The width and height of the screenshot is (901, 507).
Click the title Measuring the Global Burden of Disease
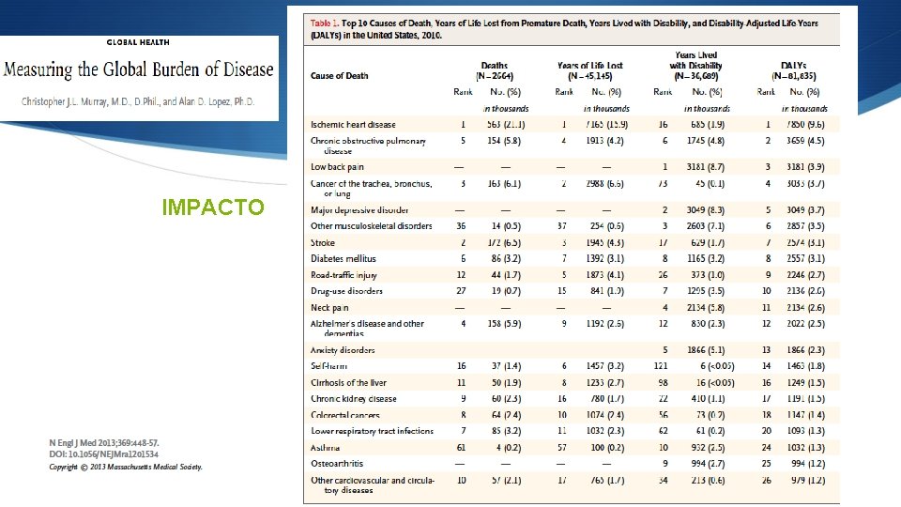[139, 70]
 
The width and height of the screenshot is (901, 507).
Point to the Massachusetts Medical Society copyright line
[126, 467]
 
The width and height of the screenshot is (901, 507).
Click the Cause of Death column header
[339, 76]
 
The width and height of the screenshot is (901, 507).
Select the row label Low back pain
[338, 167]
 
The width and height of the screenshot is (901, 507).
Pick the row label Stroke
[323, 242]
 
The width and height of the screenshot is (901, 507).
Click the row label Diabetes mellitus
[344, 258]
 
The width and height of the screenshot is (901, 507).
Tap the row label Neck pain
[329, 307]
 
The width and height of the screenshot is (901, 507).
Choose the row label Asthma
[327, 448]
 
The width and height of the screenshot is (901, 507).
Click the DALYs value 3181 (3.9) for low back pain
[800, 167]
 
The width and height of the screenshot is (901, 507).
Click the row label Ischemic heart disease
[353, 124]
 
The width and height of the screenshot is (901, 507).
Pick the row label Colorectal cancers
[346, 415]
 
